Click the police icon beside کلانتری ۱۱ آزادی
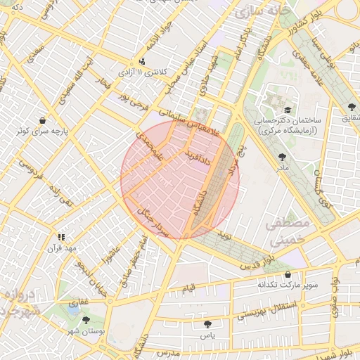pos(143,61)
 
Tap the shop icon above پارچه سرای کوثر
pos(44,120)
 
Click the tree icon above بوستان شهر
pos(86,320)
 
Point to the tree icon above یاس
pos(207,324)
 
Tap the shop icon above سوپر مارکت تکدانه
pos(287,274)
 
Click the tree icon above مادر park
pos(283,157)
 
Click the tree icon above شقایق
pos(352,107)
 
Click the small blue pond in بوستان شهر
pos(73,308)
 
